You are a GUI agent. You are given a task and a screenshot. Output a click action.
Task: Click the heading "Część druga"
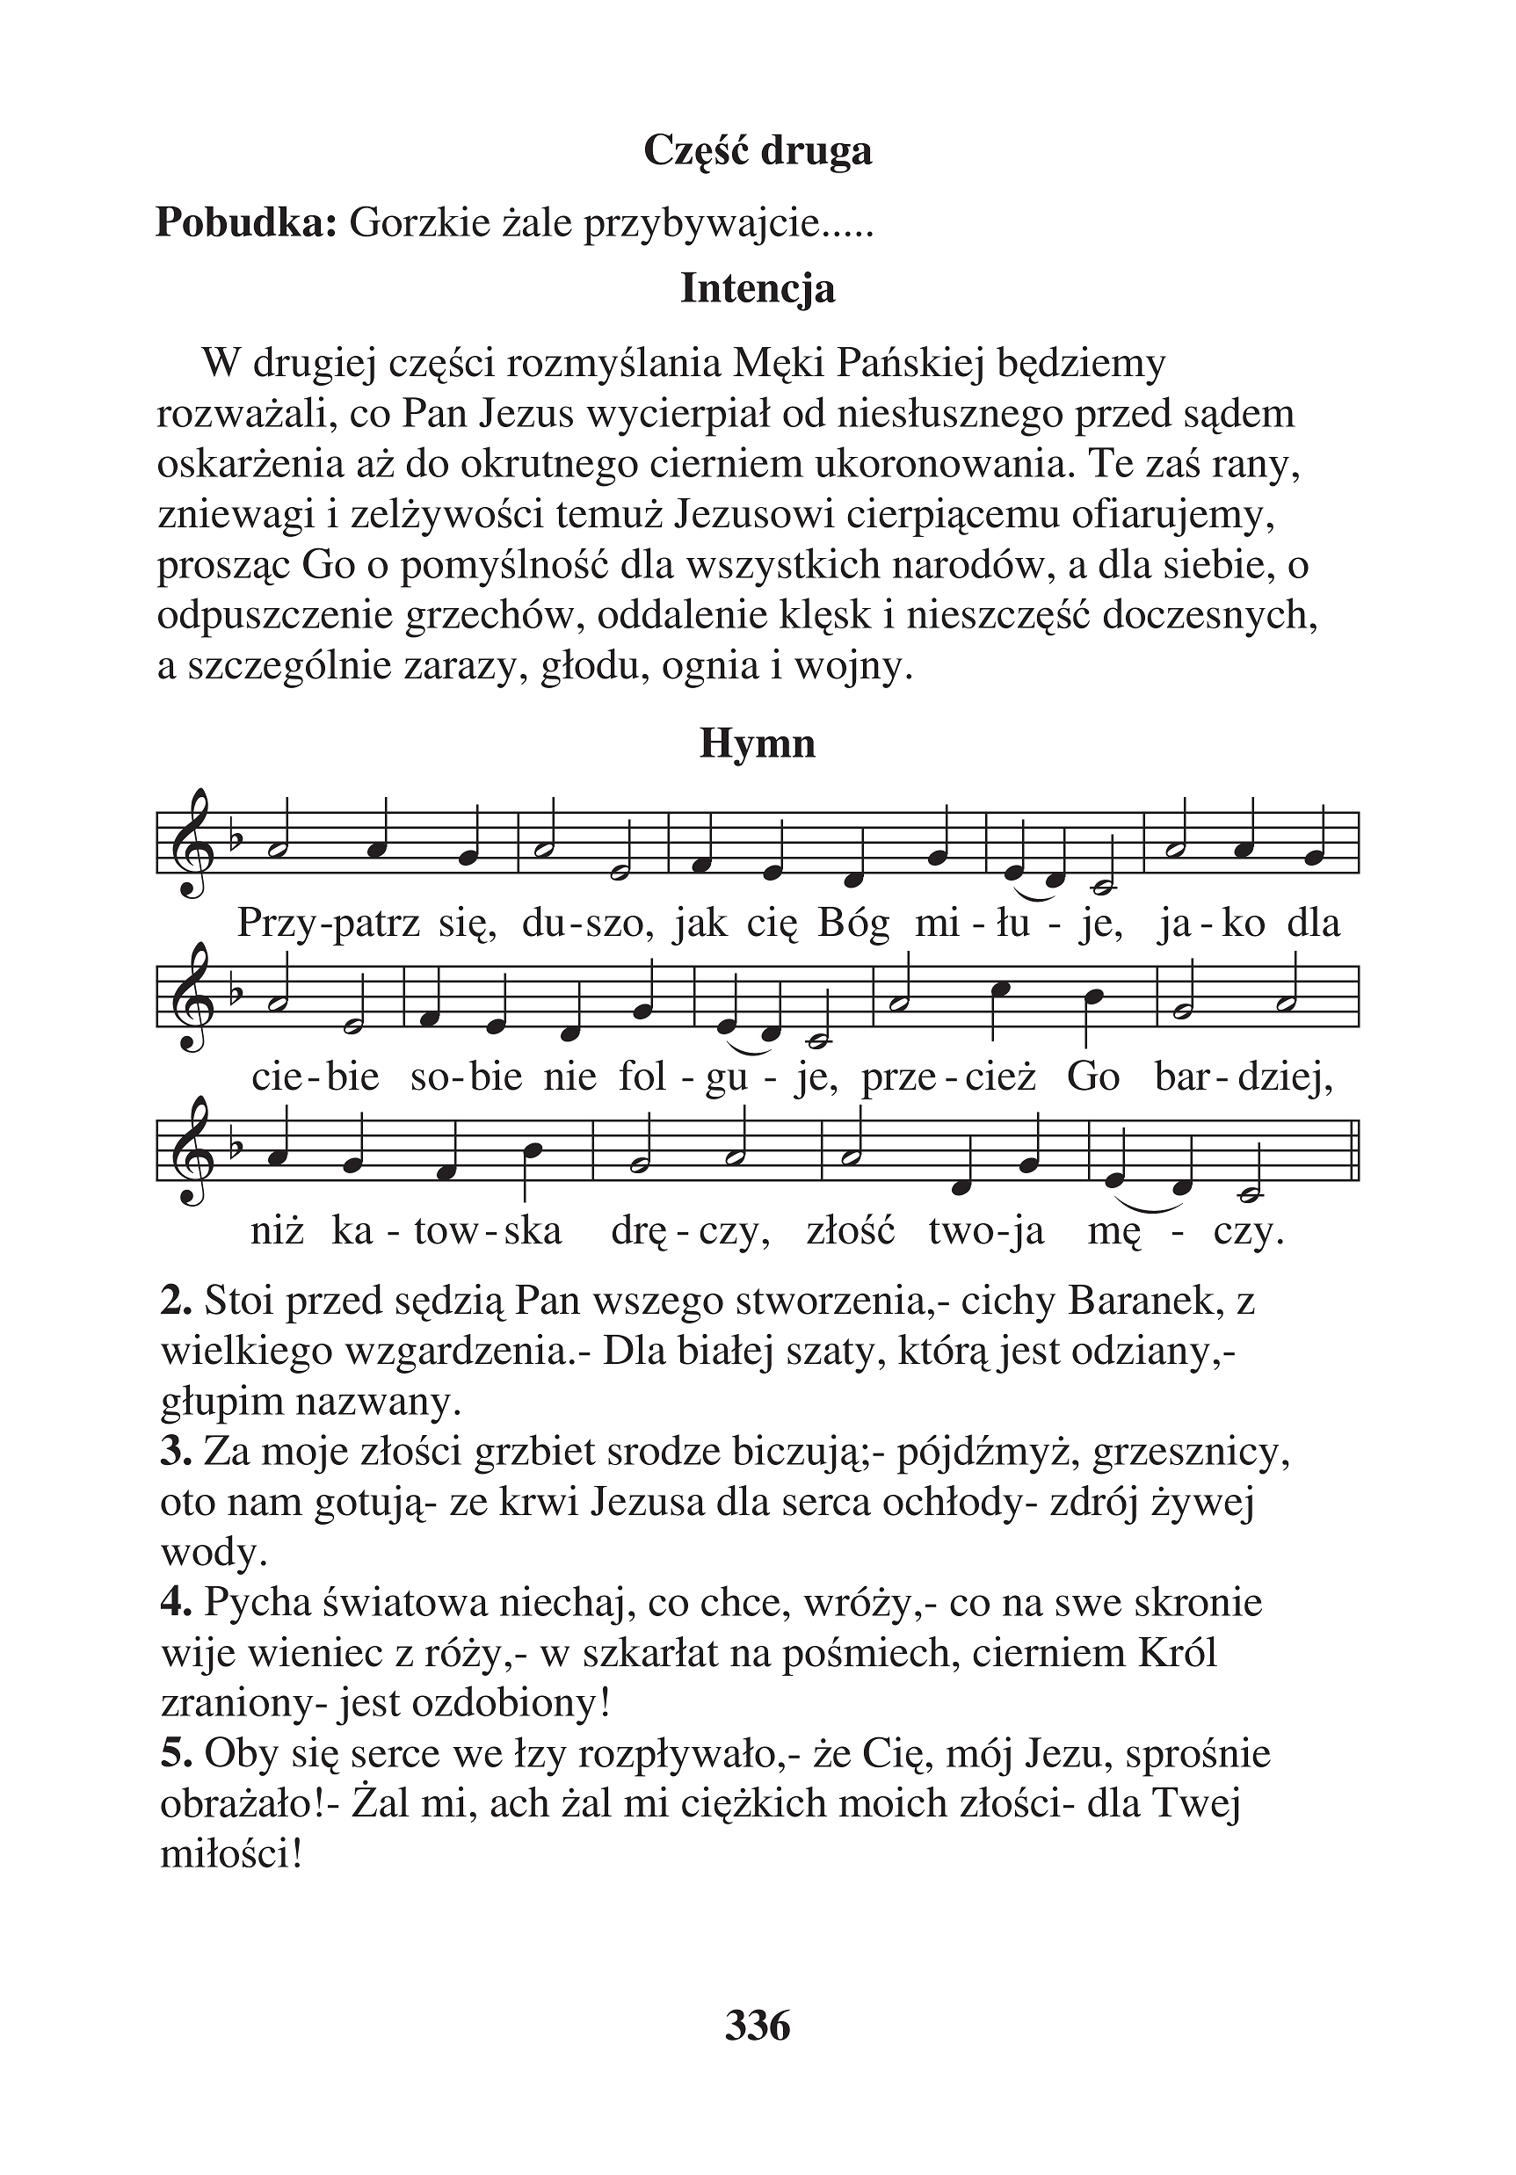click(x=757, y=151)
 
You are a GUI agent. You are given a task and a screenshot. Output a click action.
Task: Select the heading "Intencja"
click(x=757, y=289)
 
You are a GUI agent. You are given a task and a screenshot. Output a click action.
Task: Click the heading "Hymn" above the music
click(x=757, y=743)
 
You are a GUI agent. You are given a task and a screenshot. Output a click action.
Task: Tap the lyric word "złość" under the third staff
click(x=850, y=1231)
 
